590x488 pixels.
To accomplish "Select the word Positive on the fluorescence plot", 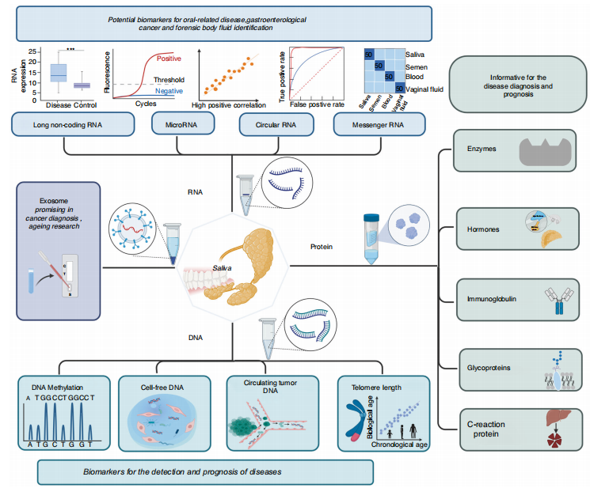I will (169, 59).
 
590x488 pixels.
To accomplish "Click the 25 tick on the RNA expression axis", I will (32, 51).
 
